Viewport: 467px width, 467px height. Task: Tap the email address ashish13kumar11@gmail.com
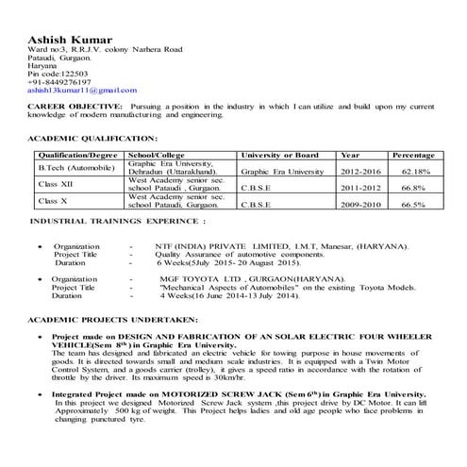pyautogui.click(x=82, y=90)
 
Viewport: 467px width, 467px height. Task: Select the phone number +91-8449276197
pyautogui.click(x=66, y=81)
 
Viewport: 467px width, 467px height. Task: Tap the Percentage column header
pyautogui.click(x=412, y=153)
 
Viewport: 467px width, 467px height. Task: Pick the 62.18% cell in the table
pyautogui.click(x=415, y=173)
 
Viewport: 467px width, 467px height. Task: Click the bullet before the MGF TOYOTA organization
pyautogui.click(x=37, y=280)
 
